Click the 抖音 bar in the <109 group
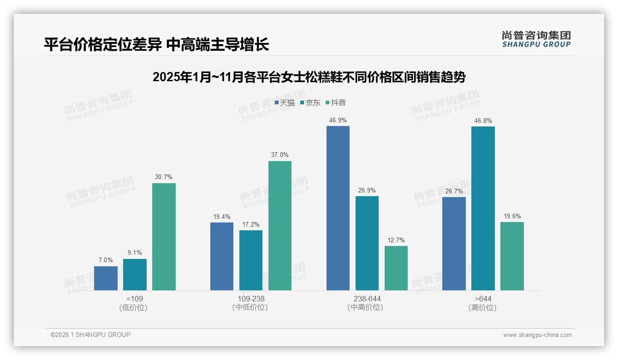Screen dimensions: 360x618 coord(164,237)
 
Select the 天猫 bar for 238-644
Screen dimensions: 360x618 coord(338,208)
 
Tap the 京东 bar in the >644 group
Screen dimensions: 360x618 coord(483,208)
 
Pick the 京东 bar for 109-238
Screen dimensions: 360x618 coord(251,260)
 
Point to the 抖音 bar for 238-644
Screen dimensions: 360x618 coord(396,268)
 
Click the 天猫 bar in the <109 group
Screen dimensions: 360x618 coord(106,278)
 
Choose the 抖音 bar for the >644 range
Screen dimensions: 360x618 coord(512,256)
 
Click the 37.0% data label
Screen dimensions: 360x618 coord(280,155)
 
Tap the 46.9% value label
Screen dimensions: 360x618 coord(338,120)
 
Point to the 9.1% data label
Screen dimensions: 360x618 coord(135,252)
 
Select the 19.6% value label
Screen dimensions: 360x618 coord(512,216)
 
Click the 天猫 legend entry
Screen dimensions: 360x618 coord(285,103)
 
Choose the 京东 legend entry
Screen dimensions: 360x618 coord(310,103)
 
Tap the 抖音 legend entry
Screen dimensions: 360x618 coord(336,103)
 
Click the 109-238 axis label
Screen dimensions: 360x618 coord(250,299)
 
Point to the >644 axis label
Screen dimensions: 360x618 coord(482,299)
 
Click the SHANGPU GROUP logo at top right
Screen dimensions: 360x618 coord(536,39)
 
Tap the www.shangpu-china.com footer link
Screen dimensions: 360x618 coord(537,335)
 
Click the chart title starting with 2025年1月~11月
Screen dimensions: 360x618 coord(309,77)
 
